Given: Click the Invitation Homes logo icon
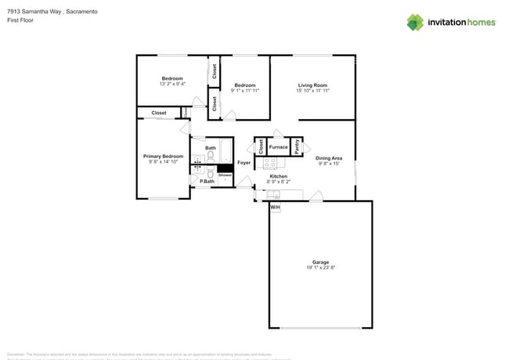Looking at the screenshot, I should click(x=415, y=22).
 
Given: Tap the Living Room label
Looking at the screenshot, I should click(x=312, y=85).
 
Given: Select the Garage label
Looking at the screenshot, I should click(x=320, y=262).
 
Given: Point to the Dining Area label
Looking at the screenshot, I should click(x=329, y=158).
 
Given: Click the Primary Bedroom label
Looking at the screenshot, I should click(x=163, y=157).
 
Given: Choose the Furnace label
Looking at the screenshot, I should click(x=278, y=146).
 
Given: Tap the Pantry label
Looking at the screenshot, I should click(x=298, y=146).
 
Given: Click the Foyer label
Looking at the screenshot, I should click(x=244, y=163).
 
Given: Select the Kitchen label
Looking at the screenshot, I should click(x=279, y=176).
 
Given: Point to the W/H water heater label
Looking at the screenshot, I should click(x=275, y=207).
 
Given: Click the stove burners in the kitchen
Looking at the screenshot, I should click(x=269, y=164).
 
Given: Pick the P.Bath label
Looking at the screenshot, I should click(x=207, y=182).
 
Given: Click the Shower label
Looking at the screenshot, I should click(x=226, y=175).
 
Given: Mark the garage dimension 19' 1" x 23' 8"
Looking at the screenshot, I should click(x=320, y=268).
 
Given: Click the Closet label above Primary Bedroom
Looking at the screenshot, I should click(x=159, y=113).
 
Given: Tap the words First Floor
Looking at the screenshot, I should click(x=20, y=20).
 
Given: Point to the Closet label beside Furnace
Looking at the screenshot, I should click(x=261, y=146).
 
